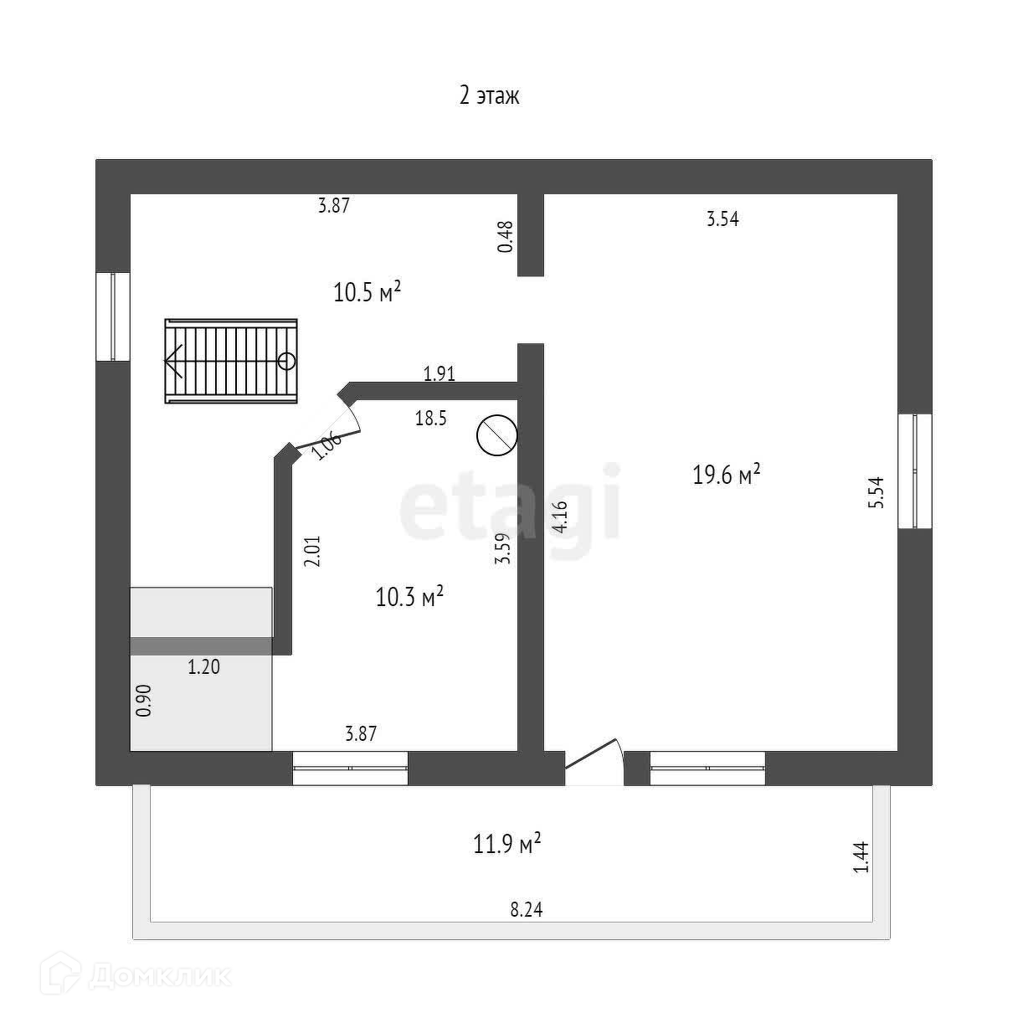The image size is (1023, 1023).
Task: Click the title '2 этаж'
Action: click(490, 96)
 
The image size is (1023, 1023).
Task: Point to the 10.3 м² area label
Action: click(409, 597)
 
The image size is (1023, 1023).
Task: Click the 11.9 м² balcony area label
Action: click(507, 844)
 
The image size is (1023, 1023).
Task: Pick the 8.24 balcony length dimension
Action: click(527, 910)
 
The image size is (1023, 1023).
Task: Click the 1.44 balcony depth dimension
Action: click(862, 857)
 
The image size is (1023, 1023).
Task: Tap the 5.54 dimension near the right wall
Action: click(876, 493)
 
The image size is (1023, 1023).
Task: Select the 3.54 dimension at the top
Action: click(722, 220)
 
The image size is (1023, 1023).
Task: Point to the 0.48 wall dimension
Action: click(505, 237)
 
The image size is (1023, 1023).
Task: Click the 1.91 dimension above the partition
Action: click(440, 373)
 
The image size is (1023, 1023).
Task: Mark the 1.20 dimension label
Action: click(203, 667)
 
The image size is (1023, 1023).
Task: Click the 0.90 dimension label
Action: click(144, 700)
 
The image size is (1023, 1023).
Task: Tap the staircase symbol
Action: click(231, 361)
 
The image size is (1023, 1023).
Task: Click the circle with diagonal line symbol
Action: click(496, 435)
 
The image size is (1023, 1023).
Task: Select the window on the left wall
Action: click(112, 316)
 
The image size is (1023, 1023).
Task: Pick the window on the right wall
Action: click(915, 471)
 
